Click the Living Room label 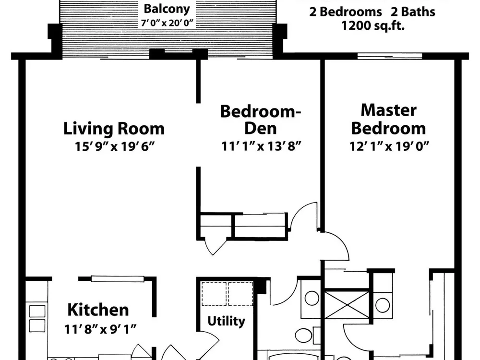[114, 129]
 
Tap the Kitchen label [98, 310]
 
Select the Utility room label [226, 322]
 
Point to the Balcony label [167, 9]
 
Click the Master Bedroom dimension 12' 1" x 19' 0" [389, 146]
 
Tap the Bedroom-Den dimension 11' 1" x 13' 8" [261, 146]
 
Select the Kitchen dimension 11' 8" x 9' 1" [100, 329]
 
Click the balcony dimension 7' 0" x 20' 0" [167, 23]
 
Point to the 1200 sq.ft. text [373, 25]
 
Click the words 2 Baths [413, 12]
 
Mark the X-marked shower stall [347, 305]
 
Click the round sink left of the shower [312, 298]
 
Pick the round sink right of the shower [383, 305]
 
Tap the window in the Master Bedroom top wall [390, 56]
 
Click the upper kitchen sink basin [37, 312]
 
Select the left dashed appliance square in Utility [214, 294]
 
